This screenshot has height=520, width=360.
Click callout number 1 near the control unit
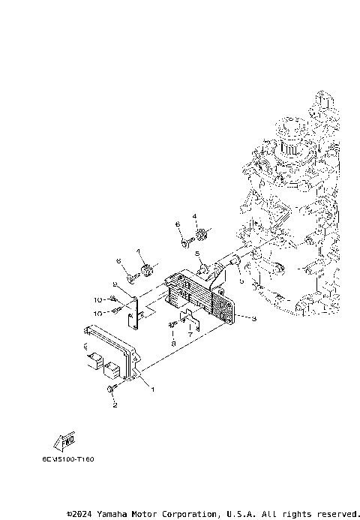(153, 389)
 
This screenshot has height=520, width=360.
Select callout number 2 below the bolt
(115, 405)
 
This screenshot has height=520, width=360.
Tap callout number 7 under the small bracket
(190, 336)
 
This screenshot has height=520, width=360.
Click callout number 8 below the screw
(173, 342)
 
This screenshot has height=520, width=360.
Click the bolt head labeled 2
(112, 389)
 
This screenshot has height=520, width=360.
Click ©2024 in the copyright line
(80, 514)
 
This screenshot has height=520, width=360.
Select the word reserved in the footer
(337, 514)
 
